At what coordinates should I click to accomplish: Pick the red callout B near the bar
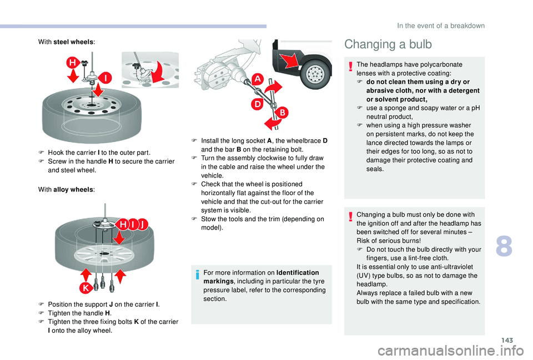pos(281,113)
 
